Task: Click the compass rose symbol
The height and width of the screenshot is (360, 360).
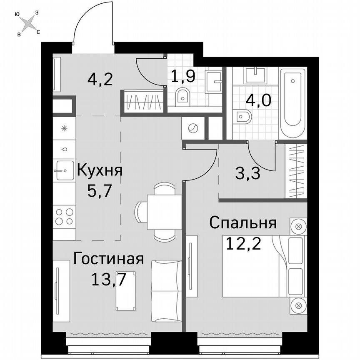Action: point(27,23)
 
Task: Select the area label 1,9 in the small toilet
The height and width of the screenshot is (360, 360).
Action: point(183,77)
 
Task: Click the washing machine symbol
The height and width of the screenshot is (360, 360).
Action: point(193,128)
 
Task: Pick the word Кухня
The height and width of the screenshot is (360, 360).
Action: point(100,170)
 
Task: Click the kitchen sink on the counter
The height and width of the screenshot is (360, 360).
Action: point(64,170)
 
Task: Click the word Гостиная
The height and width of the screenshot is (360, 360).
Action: point(108,259)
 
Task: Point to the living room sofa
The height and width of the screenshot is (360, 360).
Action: point(166,291)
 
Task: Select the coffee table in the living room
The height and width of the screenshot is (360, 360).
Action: point(126,290)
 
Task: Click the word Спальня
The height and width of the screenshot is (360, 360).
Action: point(243,223)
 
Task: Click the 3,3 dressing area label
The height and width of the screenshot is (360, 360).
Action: point(247,173)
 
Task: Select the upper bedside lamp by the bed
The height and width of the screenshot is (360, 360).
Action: point(298,227)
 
